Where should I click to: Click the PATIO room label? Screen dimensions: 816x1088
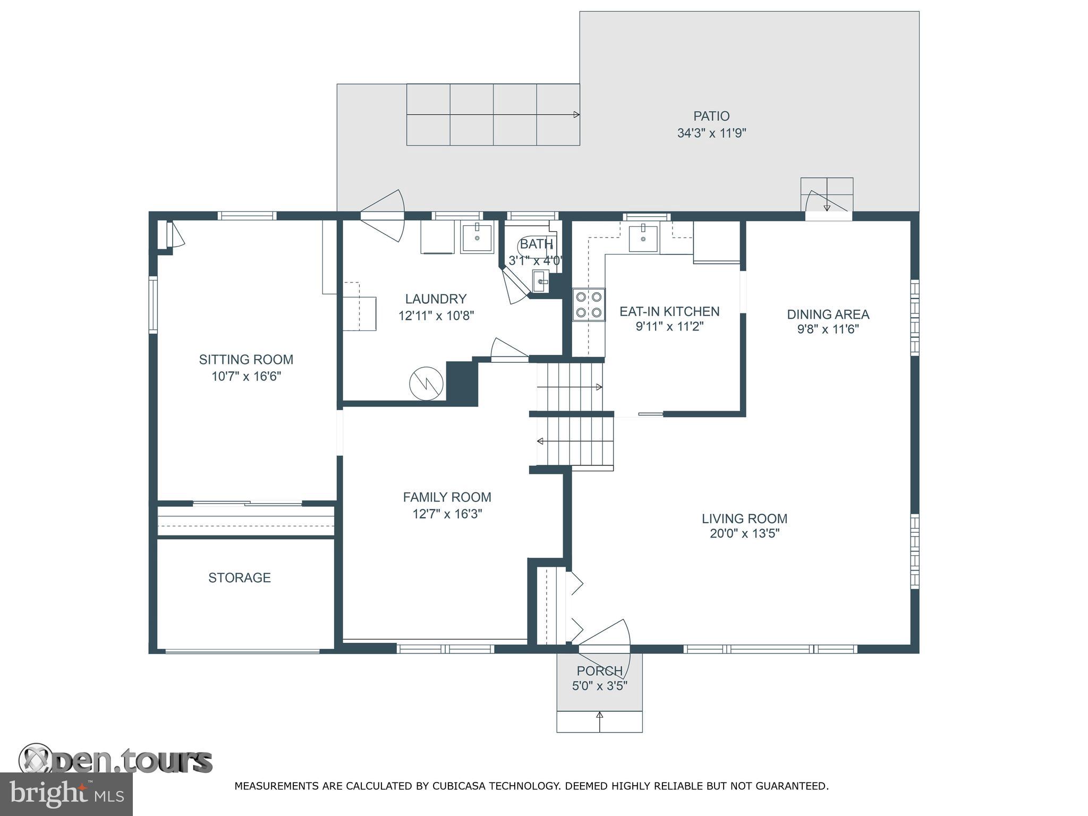point(711,116)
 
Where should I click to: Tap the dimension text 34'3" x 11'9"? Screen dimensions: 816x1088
point(711,133)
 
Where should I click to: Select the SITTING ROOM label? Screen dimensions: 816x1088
point(246,360)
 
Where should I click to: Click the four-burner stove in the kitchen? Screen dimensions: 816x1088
point(589,304)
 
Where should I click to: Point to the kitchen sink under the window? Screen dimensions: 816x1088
point(643,238)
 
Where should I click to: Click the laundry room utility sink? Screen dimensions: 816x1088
point(477,238)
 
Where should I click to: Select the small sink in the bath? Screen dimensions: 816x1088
point(540,281)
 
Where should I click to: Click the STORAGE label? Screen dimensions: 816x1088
point(239,577)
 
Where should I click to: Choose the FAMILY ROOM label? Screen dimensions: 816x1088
point(447,497)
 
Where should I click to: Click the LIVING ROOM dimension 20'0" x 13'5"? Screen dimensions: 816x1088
point(744,533)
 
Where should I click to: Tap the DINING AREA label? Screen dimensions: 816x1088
point(828,314)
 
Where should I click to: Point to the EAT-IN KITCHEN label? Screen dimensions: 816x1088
point(669,311)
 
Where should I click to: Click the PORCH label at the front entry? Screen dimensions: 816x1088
point(599,671)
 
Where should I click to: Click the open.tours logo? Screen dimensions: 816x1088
point(115,761)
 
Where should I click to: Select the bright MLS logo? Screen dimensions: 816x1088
point(66,794)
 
